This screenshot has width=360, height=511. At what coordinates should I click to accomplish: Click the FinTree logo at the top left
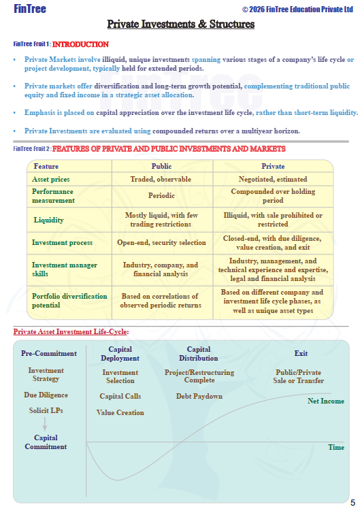coord(30,9)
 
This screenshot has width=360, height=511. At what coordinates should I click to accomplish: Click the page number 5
coord(353,503)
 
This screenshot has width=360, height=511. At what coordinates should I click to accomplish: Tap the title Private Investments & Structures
coord(180,24)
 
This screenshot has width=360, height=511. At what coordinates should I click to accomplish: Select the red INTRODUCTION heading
coord(80,44)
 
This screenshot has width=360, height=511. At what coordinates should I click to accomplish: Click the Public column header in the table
coord(161,166)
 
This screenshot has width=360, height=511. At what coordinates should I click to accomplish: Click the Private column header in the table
coord(273,166)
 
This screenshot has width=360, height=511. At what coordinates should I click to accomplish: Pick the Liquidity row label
coord(48,220)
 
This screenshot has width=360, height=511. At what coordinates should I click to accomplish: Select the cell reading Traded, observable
coord(161,179)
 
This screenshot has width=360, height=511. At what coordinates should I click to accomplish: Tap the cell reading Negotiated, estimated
coord(273,179)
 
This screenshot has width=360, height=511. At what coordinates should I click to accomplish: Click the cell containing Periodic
coord(161,195)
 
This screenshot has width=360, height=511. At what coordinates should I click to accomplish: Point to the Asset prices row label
coord(51,179)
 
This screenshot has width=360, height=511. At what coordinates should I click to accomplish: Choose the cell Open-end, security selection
coord(161,242)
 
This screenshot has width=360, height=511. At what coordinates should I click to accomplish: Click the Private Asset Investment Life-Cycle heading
coord(71,332)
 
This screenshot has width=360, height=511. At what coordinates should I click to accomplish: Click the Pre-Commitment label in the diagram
coord(49,353)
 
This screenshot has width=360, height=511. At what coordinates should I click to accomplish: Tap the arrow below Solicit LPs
coord(45,423)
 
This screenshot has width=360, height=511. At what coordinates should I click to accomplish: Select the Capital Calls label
coord(120,396)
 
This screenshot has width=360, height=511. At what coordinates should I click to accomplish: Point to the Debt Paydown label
coord(199,396)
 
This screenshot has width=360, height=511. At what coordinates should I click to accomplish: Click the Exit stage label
coord(301,353)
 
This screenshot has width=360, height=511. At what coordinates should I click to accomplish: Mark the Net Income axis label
coord(326,401)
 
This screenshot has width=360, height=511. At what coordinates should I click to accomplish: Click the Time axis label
coord(336,447)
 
